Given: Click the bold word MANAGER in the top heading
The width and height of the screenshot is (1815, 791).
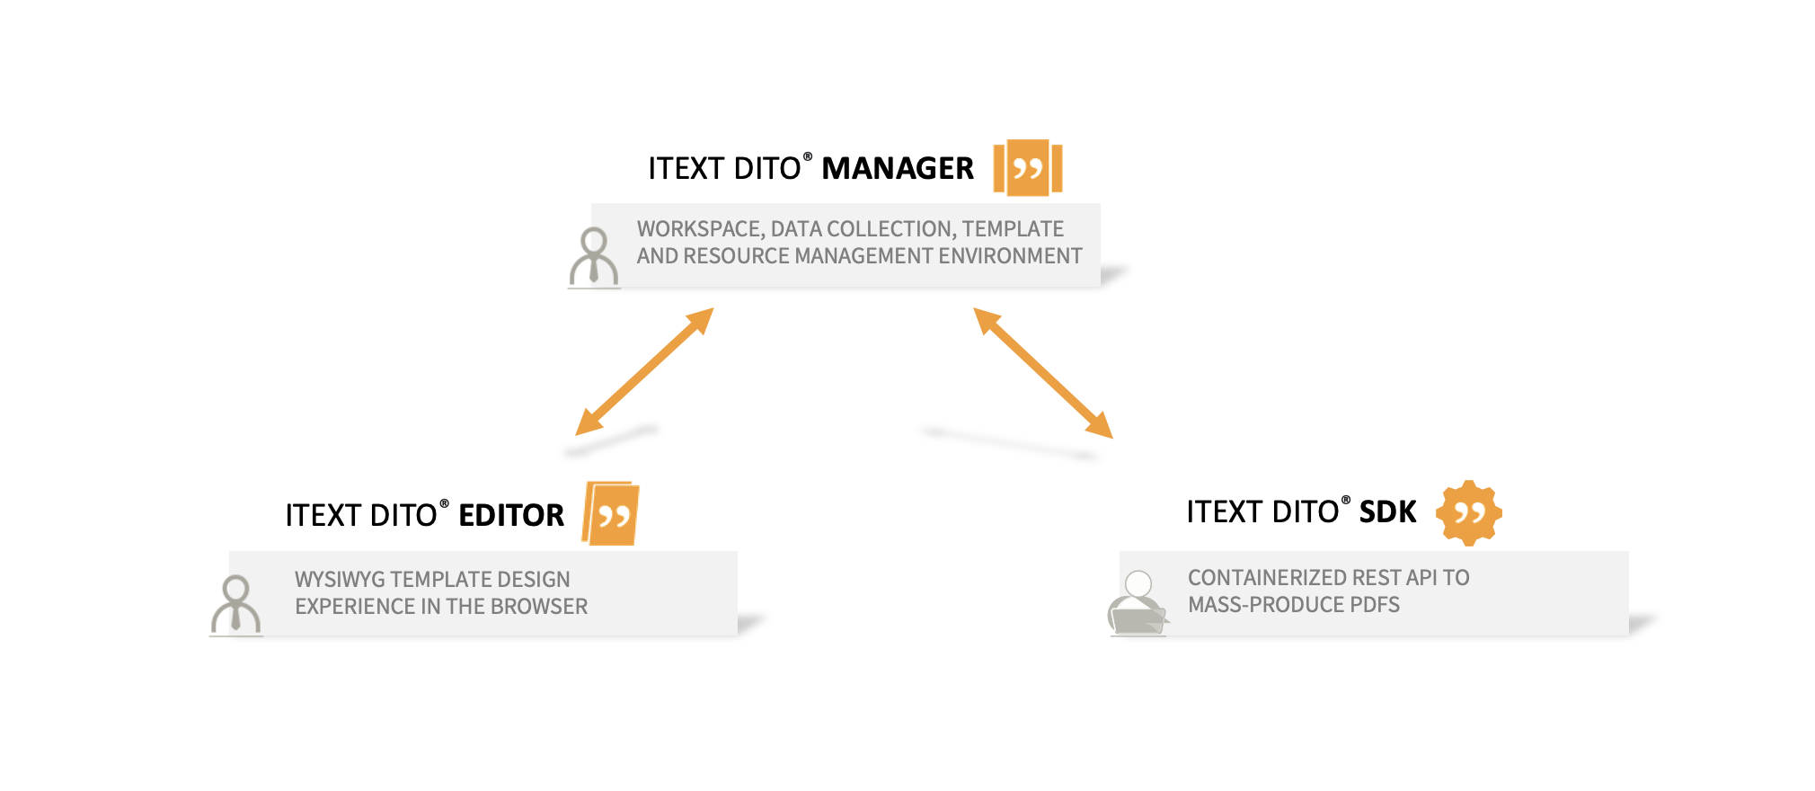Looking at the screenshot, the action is click(897, 168).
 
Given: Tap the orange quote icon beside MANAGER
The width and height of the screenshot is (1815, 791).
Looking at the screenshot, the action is click(1028, 167).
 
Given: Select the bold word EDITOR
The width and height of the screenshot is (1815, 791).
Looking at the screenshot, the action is click(511, 515).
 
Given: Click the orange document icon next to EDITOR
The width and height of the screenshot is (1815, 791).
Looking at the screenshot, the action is click(611, 514).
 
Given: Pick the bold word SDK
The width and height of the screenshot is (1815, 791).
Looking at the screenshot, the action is click(1387, 511).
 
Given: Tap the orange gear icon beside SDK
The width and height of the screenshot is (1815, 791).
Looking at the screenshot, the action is click(1468, 512).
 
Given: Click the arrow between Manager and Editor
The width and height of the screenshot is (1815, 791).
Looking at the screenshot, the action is click(644, 372).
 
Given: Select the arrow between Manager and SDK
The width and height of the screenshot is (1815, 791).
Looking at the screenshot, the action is click(1043, 373).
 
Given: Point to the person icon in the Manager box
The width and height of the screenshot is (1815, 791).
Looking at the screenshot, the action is click(594, 257).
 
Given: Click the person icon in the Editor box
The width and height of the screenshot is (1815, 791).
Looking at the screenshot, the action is click(235, 605).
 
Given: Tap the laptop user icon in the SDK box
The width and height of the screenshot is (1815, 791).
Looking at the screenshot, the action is click(1138, 604).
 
